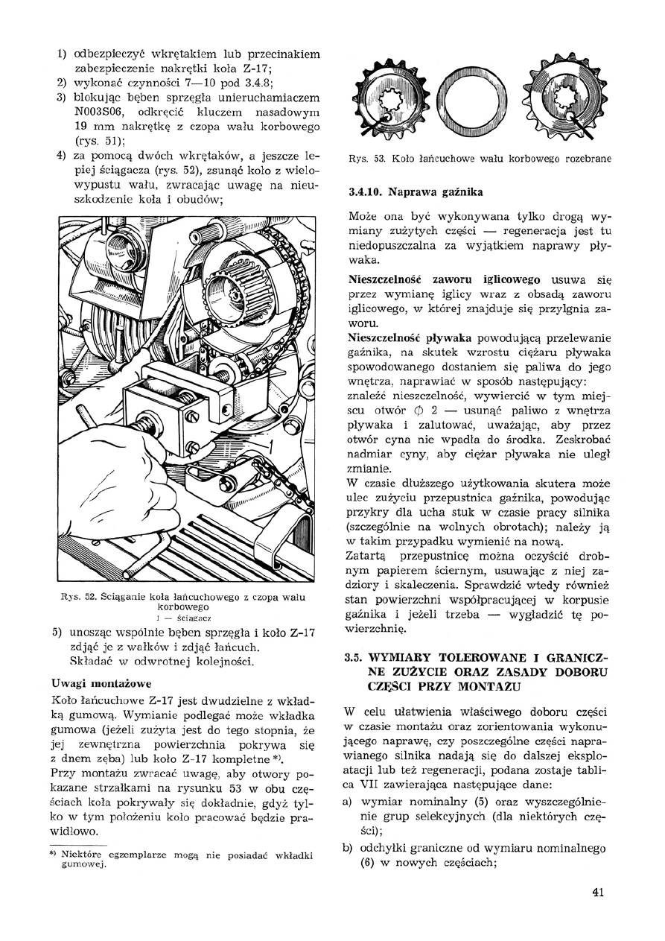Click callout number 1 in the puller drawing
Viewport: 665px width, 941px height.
click(x=273, y=447)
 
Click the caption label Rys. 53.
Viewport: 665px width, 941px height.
click(x=364, y=158)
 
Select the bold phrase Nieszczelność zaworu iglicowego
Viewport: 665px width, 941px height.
click(x=444, y=279)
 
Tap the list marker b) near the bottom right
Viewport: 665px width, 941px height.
click(x=347, y=848)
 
